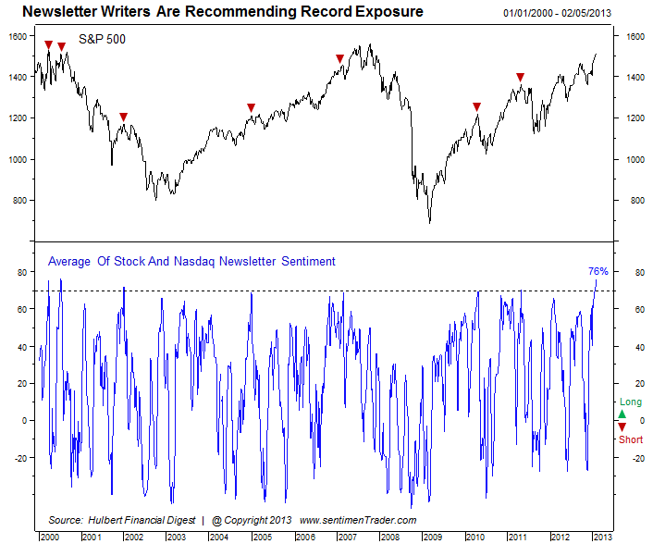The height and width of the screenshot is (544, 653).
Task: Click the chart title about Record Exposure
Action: coord(223,12)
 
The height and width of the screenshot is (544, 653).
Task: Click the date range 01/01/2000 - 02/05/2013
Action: coord(557,13)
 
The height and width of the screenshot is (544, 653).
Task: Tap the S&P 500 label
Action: coord(102,39)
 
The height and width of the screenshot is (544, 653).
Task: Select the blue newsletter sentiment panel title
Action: coord(191,261)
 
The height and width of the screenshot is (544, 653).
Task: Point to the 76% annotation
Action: coord(598,271)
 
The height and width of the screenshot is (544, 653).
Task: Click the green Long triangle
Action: coord(622,414)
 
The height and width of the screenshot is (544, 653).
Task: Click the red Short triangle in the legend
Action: coord(622,427)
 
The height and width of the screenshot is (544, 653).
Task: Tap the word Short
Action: coord(631,439)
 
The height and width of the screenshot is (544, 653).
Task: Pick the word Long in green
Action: coord(631,402)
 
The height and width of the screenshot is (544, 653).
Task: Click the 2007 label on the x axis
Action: coord(348,537)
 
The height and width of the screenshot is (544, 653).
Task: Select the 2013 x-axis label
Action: coord(602,537)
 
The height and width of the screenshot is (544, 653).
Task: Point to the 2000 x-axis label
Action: coord(50,537)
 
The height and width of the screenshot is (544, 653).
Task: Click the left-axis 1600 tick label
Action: coord(18,36)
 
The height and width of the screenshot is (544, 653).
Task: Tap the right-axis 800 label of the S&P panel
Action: coord(637,201)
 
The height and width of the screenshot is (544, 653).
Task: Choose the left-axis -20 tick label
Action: coord(20,458)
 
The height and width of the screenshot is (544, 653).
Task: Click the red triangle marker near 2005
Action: coord(251,108)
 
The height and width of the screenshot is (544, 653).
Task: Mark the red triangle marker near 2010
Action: coord(477,107)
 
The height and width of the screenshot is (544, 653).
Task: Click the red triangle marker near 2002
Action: coord(123,117)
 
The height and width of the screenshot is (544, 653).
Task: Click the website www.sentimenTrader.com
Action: coord(358,520)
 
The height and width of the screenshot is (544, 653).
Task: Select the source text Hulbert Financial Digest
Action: coord(142,520)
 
